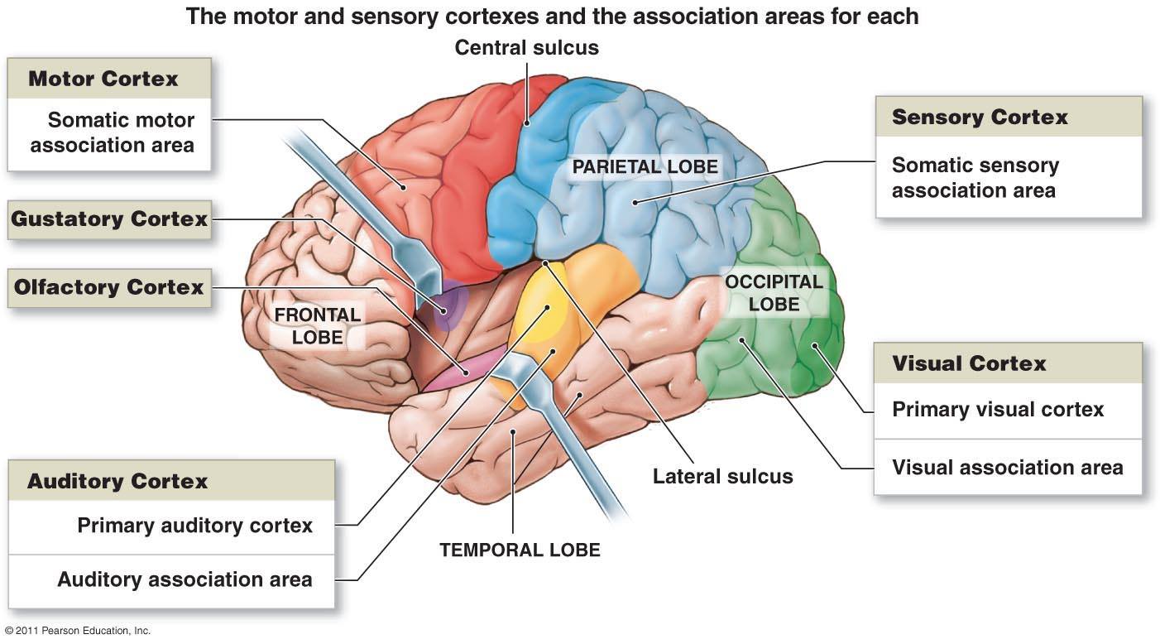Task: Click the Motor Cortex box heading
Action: [x=103, y=79]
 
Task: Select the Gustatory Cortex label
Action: [x=109, y=219]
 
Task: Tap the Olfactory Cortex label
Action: [x=109, y=287]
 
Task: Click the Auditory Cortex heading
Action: [x=117, y=481]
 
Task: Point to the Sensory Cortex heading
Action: [x=980, y=117]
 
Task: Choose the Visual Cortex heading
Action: [x=969, y=363]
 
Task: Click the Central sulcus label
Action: [x=527, y=48]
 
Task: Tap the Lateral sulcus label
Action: [x=722, y=476]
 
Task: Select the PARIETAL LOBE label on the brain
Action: [x=645, y=167]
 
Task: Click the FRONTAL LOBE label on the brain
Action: [x=317, y=326]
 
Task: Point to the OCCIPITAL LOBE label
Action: [x=774, y=293]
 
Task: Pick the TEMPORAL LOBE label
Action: [x=520, y=550]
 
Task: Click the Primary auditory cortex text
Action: [x=194, y=526]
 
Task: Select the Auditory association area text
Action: [x=185, y=579]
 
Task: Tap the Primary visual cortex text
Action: [x=998, y=409]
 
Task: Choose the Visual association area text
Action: [x=1007, y=468]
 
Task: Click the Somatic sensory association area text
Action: [x=975, y=178]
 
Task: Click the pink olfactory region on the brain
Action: [x=464, y=371]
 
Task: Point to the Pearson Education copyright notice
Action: [x=78, y=631]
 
